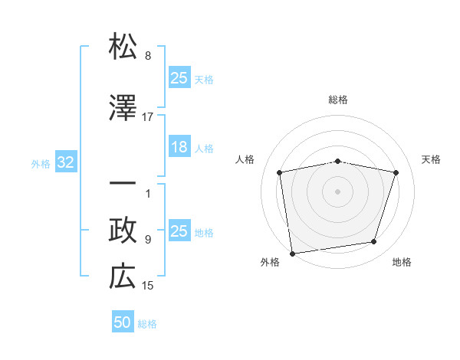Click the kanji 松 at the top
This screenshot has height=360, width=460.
pyautogui.click(x=123, y=47)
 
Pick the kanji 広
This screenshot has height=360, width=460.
pyautogui.click(x=123, y=277)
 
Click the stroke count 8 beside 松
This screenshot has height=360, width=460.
pyautogui.click(x=148, y=56)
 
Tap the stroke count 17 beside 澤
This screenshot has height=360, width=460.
pyautogui.click(x=148, y=117)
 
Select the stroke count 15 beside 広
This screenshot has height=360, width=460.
pyautogui.click(x=148, y=286)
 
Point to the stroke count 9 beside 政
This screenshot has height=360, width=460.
pyautogui.click(x=148, y=240)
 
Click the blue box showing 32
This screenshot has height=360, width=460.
pyautogui.click(x=65, y=162)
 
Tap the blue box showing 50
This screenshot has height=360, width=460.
pyautogui.click(x=123, y=322)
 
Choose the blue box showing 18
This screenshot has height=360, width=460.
pyautogui.click(x=179, y=147)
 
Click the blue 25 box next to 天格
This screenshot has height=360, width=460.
pyautogui.click(x=179, y=78)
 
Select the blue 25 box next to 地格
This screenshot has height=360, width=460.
pyautogui.click(x=179, y=231)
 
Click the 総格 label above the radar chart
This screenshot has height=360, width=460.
pyautogui.click(x=337, y=100)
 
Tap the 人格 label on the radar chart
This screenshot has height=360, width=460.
pyautogui.click(x=245, y=159)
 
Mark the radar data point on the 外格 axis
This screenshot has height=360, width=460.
pyautogui.click(x=292, y=253)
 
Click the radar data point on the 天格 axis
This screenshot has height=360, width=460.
pyautogui.click(x=396, y=172)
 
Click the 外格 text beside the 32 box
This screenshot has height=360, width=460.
pyautogui.click(x=41, y=163)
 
